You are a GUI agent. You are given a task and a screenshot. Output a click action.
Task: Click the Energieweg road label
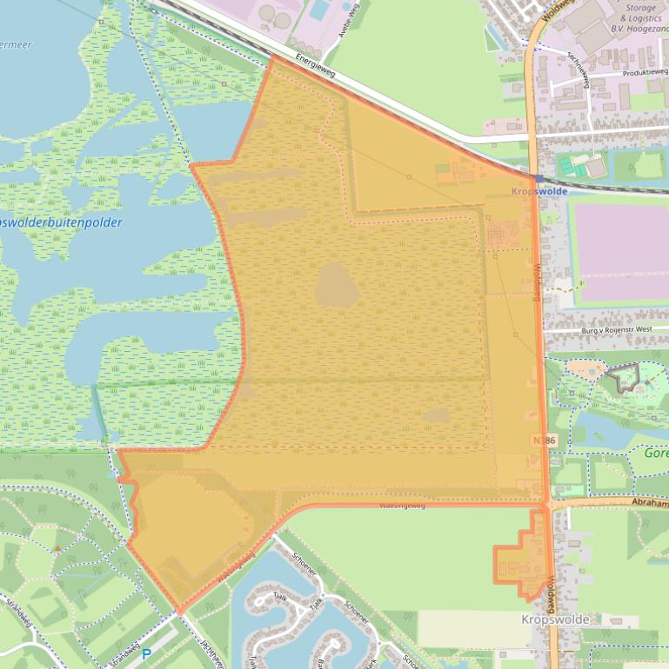315,67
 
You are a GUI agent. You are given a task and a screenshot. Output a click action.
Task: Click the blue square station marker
539,178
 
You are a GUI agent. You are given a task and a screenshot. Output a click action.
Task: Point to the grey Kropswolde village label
555,619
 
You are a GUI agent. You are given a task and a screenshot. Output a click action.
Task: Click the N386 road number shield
542,441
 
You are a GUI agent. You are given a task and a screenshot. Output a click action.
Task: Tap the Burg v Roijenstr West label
614,330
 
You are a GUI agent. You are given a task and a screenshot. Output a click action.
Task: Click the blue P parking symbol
146,653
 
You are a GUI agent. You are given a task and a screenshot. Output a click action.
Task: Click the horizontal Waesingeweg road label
402,505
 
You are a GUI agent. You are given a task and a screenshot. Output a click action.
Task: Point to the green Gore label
656,454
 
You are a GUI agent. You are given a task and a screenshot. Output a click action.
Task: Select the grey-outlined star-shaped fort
624,378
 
